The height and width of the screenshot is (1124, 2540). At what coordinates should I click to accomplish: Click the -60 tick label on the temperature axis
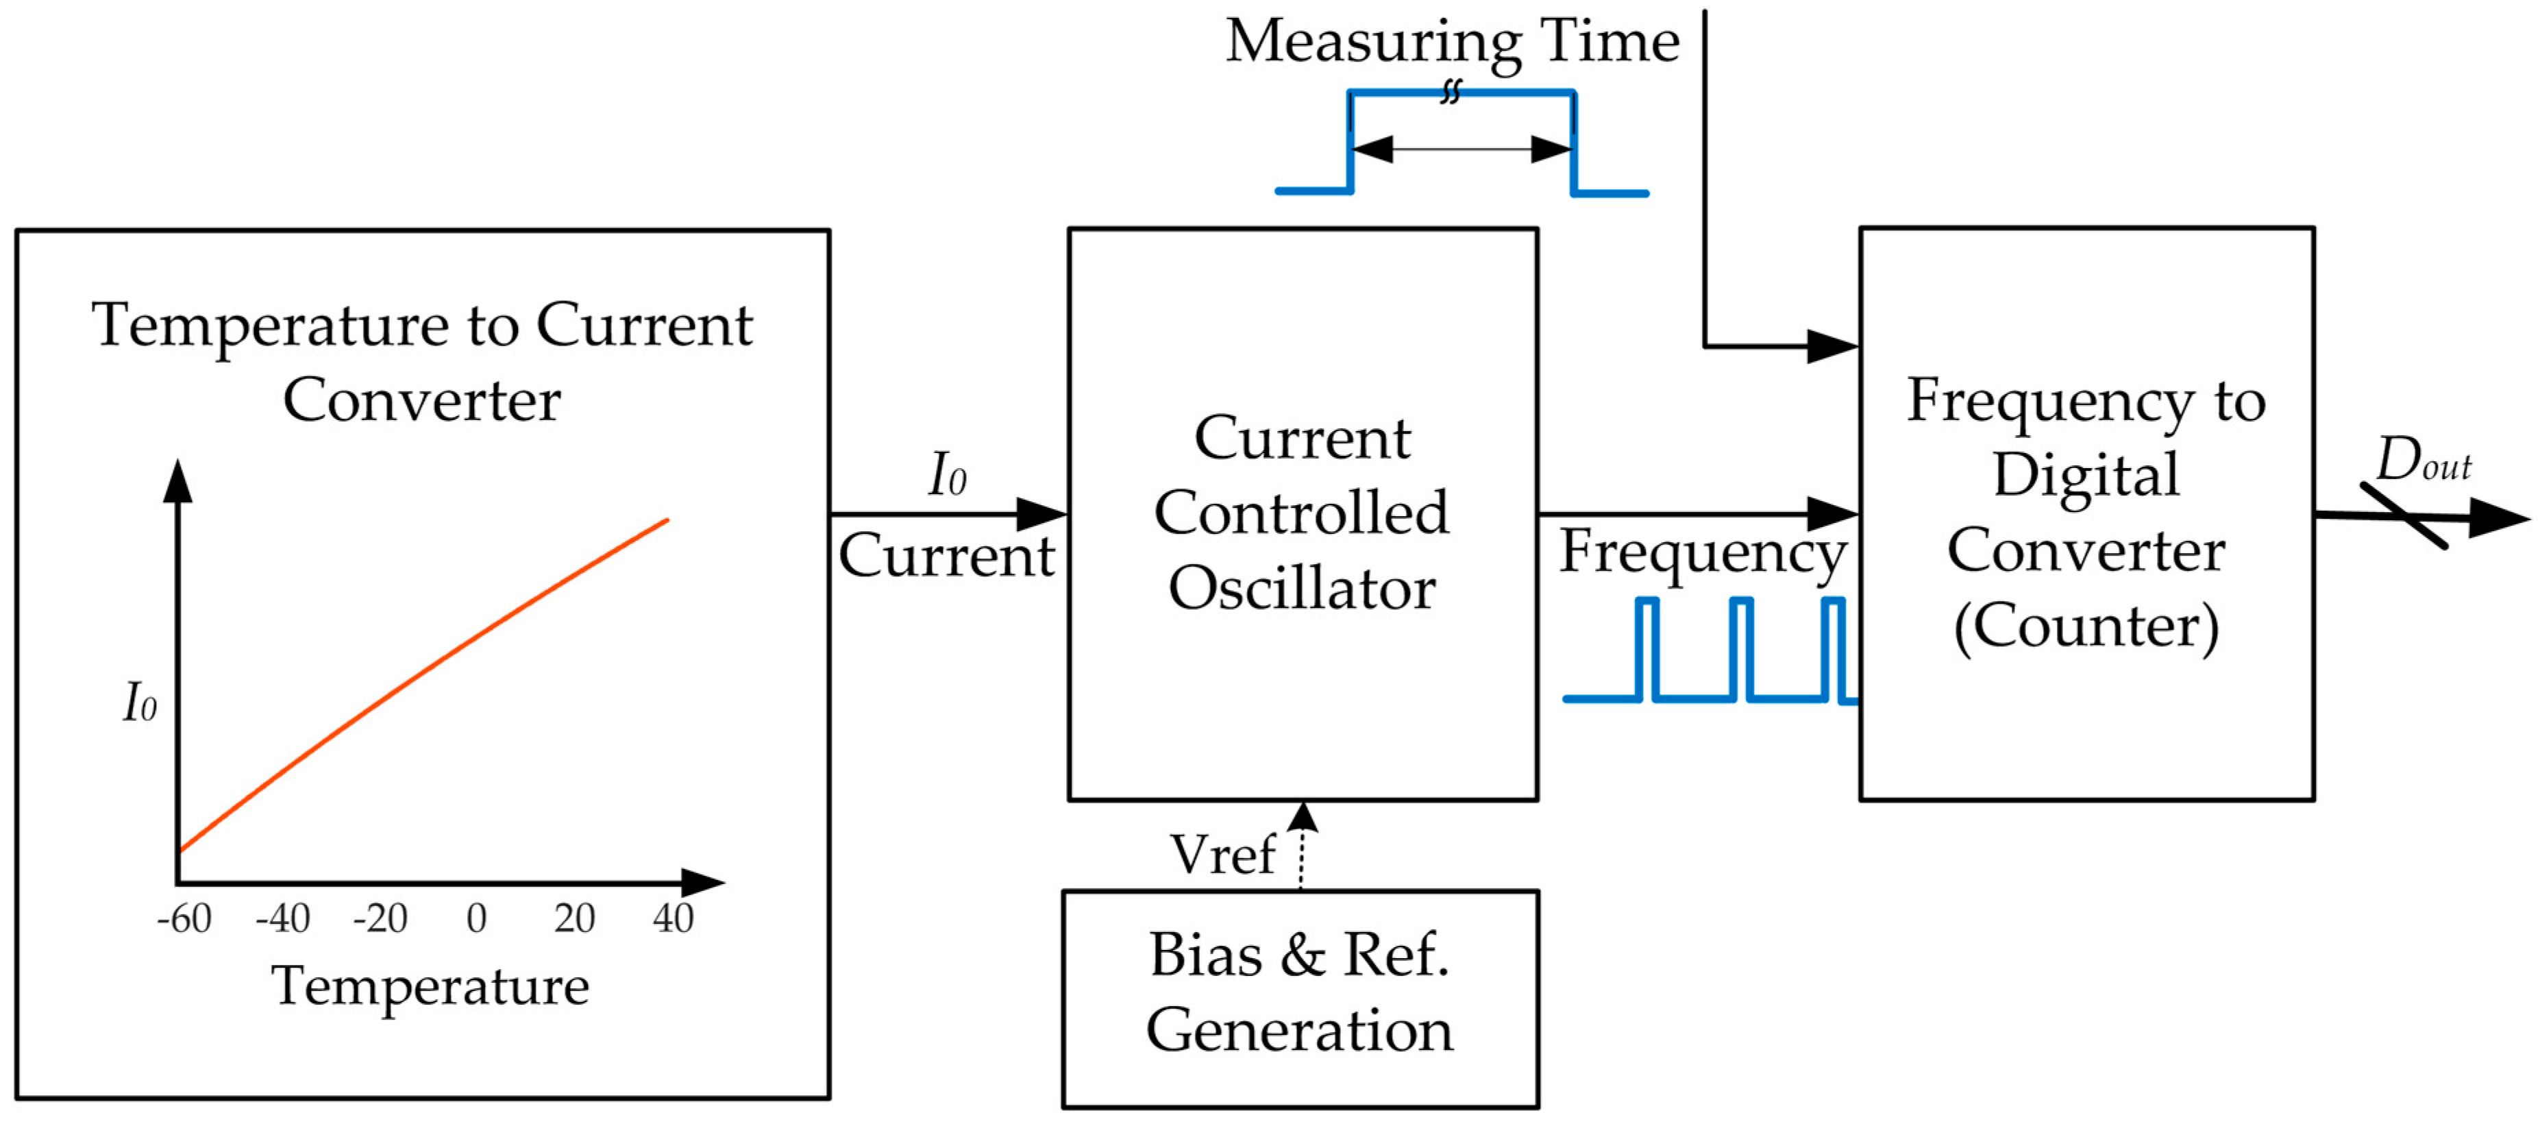pyautogui.click(x=184, y=918)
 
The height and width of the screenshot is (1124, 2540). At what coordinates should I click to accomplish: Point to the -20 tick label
pyautogui.click(x=380, y=918)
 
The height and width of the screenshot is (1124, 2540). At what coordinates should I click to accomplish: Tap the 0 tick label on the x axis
pyautogui.click(x=476, y=918)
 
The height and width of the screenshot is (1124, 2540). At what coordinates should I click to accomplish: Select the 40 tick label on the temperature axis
pyautogui.click(x=674, y=918)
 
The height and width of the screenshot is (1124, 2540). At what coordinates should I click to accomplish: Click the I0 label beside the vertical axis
pyautogui.click(x=140, y=703)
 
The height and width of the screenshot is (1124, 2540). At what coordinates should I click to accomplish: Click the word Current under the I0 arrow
pyautogui.click(x=946, y=555)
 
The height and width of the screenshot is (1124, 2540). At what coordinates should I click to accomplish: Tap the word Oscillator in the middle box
pyautogui.click(x=1302, y=589)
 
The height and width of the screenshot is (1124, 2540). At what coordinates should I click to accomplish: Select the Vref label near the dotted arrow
pyautogui.click(x=1222, y=854)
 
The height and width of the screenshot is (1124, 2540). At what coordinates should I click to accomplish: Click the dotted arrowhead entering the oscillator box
pyautogui.click(x=1303, y=816)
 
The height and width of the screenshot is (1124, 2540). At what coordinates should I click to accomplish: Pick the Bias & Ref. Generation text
pyautogui.click(x=1300, y=993)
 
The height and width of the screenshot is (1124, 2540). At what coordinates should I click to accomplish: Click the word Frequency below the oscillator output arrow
pyautogui.click(x=1703, y=552)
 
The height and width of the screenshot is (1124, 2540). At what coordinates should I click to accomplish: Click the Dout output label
pyautogui.click(x=2423, y=461)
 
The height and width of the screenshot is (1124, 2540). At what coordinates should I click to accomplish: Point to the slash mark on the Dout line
pyautogui.click(x=2404, y=515)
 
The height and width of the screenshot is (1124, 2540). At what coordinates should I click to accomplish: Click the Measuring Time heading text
pyautogui.click(x=1453, y=41)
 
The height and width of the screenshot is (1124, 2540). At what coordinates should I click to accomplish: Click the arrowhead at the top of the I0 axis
pyautogui.click(x=177, y=480)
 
